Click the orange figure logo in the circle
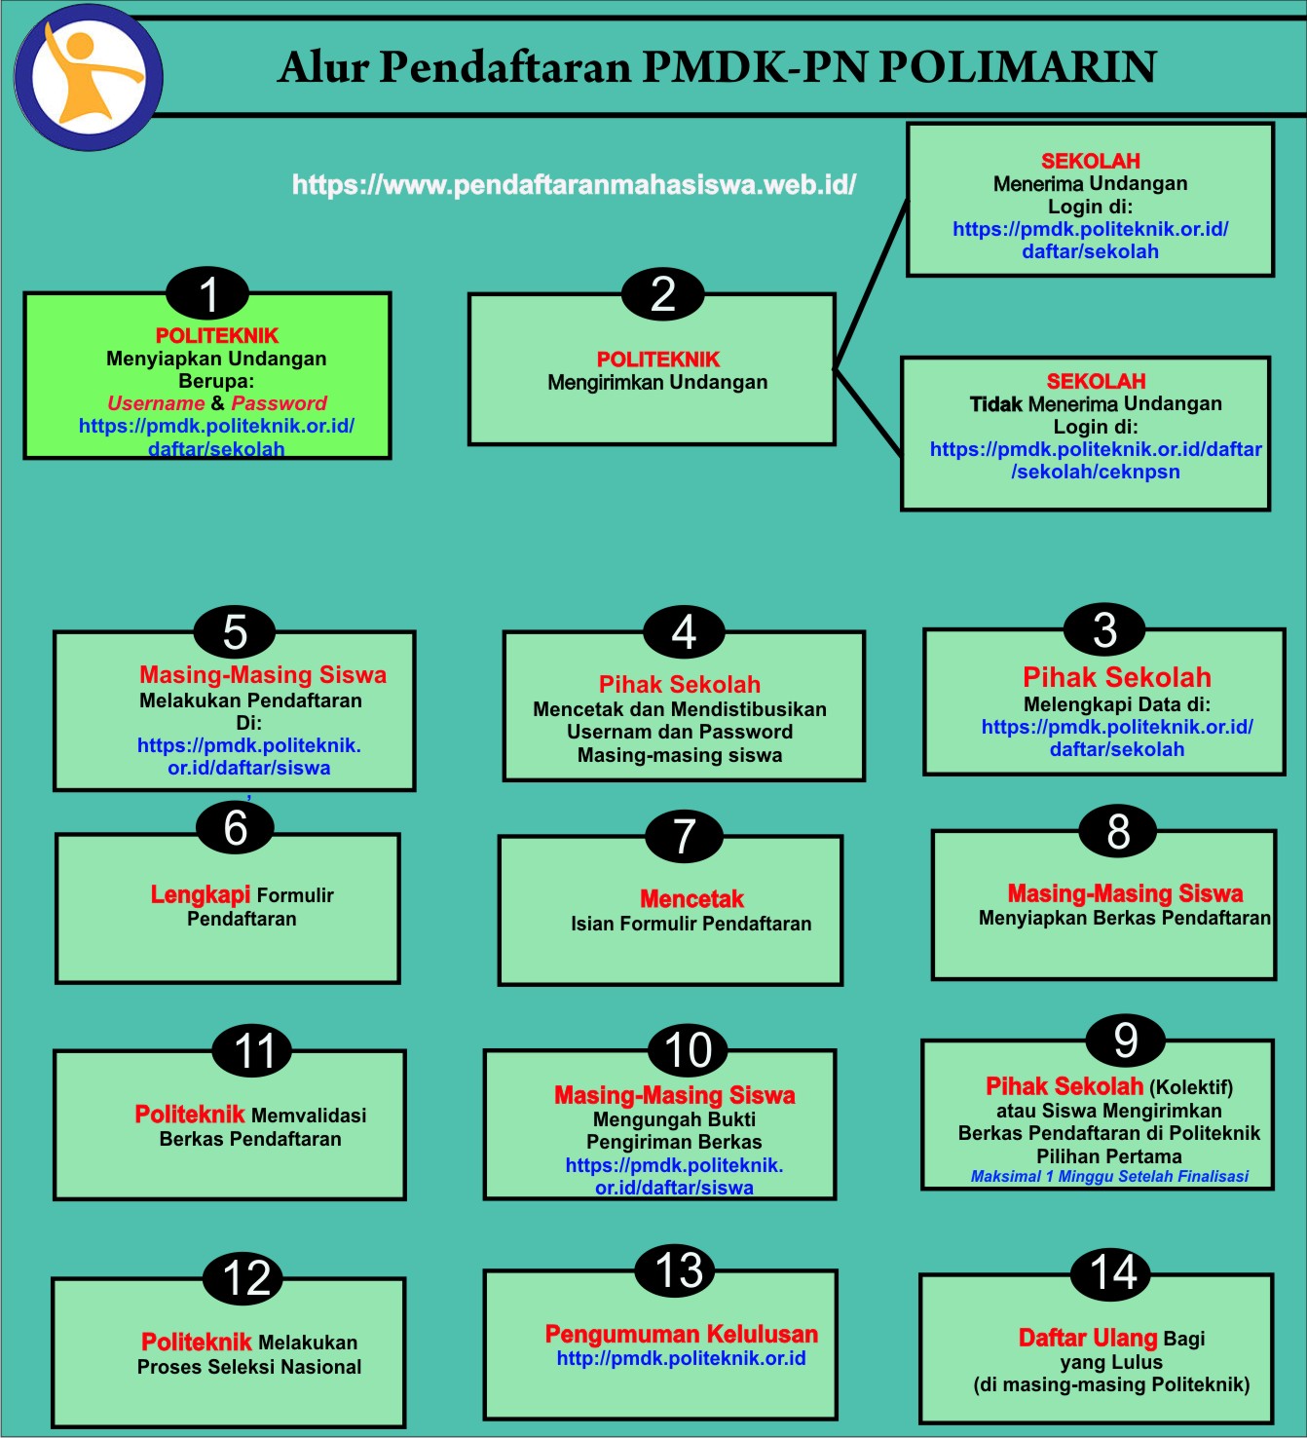(93, 78)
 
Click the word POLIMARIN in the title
(1017, 67)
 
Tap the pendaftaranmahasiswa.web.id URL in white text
(574, 185)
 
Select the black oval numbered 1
(207, 294)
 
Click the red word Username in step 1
(156, 403)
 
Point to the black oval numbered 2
(663, 294)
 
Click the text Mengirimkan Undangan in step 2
(657, 383)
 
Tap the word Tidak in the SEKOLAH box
(996, 404)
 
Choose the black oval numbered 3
(1104, 630)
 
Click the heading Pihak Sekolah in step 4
(680, 685)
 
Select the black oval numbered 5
(235, 632)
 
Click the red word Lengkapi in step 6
(201, 894)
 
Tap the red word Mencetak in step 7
(691, 899)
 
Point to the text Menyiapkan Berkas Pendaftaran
(1125, 918)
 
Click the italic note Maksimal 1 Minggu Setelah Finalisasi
(1109, 1177)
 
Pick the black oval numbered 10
(688, 1050)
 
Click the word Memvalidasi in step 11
(309, 1116)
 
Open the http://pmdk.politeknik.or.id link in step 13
(681, 1359)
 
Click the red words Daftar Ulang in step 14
(1088, 1339)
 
